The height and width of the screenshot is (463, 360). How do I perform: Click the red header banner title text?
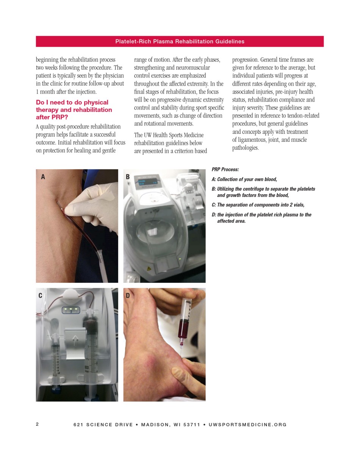click(x=180, y=41)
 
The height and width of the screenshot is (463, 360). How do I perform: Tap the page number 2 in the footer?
click(x=37, y=424)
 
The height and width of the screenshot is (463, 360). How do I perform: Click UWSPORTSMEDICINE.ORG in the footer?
click(x=247, y=424)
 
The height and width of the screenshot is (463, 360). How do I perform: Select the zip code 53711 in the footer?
click(x=192, y=424)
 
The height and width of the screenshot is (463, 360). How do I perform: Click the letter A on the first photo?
click(x=43, y=177)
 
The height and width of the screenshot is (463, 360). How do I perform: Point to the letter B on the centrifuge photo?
click(x=128, y=177)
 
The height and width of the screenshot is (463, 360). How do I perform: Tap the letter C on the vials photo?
click(x=40, y=295)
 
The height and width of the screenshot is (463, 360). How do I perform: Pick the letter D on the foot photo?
click(x=128, y=295)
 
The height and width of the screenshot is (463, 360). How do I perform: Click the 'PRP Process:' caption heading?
click(x=225, y=170)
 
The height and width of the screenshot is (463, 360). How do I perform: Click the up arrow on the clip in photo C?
click(x=75, y=340)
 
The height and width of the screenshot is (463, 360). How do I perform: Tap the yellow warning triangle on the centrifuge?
click(x=149, y=268)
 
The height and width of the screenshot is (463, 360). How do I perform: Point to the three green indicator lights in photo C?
click(x=71, y=310)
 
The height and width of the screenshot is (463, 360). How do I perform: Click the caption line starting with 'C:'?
click(x=258, y=205)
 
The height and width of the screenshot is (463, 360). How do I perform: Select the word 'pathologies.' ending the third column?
click(x=246, y=148)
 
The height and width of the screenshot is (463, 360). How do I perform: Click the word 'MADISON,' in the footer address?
click(x=156, y=424)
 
